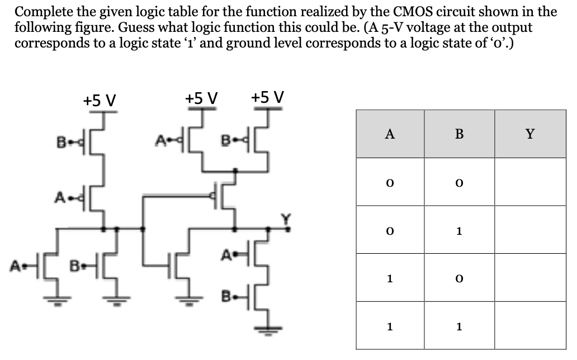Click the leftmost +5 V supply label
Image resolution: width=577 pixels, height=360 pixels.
[100, 100]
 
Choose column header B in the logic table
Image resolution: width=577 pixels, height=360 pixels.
[459, 134]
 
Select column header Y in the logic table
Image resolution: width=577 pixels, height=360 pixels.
[529, 134]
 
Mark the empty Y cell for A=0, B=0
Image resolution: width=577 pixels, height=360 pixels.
[529, 182]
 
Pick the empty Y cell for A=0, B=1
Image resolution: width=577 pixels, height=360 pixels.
[529, 230]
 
